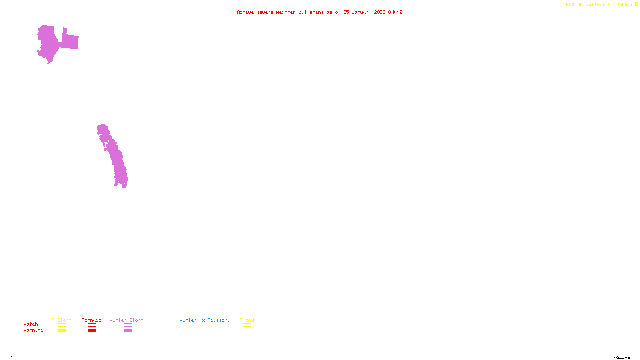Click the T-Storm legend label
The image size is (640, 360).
tap(62, 320)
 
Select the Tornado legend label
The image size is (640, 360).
tap(92, 320)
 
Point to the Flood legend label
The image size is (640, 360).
tap(247, 320)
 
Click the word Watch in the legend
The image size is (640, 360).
tap(31, 324)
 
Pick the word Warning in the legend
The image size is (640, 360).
tap(34, 330)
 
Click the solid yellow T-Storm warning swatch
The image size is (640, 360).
tap(62, 331)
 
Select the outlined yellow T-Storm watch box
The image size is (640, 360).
tap(62, 325)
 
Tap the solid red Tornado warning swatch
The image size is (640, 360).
tap(92, 331)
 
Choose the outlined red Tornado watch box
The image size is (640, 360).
tap(92, 325)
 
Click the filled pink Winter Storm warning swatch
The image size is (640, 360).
tap(128, 331)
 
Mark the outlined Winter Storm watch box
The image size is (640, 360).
tap(128, 325)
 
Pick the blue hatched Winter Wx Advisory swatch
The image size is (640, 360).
tap(204, 331)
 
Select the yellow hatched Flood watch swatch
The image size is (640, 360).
tap(247, 325)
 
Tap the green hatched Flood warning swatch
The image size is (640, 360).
tap(247, 331)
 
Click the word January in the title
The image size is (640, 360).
tap(362, 12)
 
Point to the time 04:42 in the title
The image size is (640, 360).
tap(395, 12)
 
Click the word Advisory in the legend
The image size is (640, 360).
tap(219, 320)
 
